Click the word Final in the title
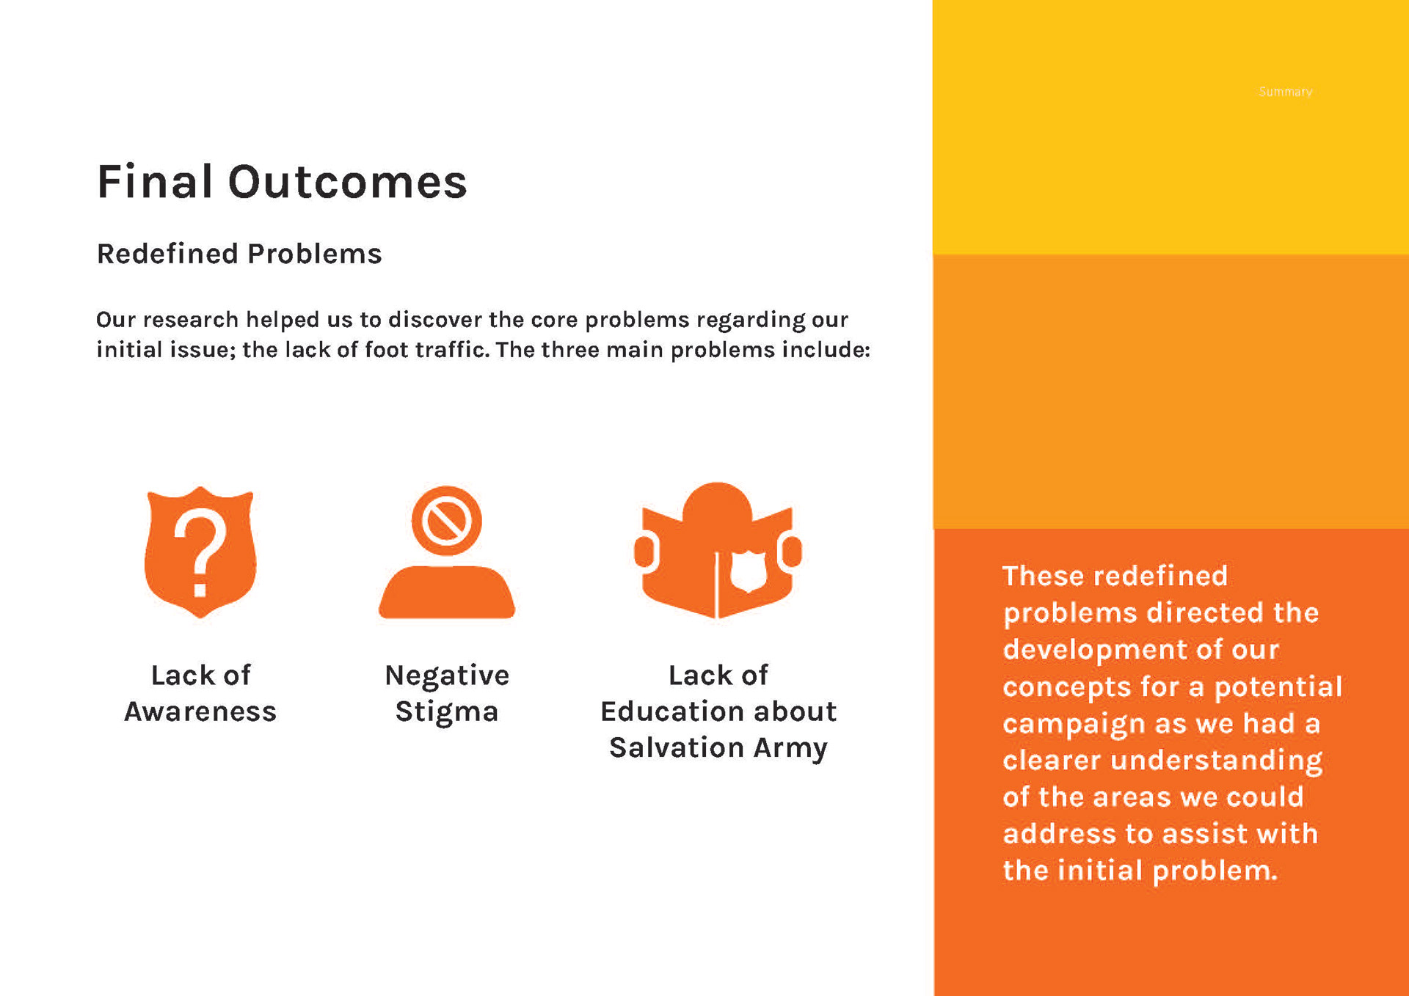155,182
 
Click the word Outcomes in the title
348,182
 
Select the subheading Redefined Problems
239,254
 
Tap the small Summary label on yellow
1285,92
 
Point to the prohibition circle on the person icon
446,521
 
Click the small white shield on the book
749,570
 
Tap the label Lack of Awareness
200,693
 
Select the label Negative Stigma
447,693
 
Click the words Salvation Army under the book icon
718,748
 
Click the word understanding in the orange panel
1217,761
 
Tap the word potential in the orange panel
1278,687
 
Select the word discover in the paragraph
435,320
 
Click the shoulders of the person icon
447,592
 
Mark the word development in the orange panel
1096,651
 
